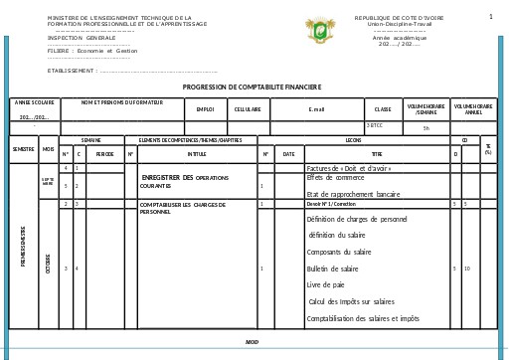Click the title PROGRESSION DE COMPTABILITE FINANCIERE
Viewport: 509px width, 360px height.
[252, 88]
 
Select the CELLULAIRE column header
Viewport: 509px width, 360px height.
[249, 109]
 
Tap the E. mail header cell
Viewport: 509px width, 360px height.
[316, 109]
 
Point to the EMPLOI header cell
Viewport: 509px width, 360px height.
[205, 109]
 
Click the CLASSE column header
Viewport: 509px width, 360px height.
[383, 109]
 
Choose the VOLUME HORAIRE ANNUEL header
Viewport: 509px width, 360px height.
[473, 109]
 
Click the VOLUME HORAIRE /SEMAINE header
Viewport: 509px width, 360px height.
[425, 109]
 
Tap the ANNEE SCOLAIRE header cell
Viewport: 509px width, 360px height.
[34, 103]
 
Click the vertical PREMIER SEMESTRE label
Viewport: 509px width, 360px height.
[23, 246]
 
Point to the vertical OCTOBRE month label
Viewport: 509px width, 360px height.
[48, 264]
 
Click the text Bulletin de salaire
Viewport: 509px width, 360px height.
[333, 269]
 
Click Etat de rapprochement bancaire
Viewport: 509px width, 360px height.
[353, 194]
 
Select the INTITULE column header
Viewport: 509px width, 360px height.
[197, 154]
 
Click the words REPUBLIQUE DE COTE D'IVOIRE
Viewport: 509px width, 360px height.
[400, 18]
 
